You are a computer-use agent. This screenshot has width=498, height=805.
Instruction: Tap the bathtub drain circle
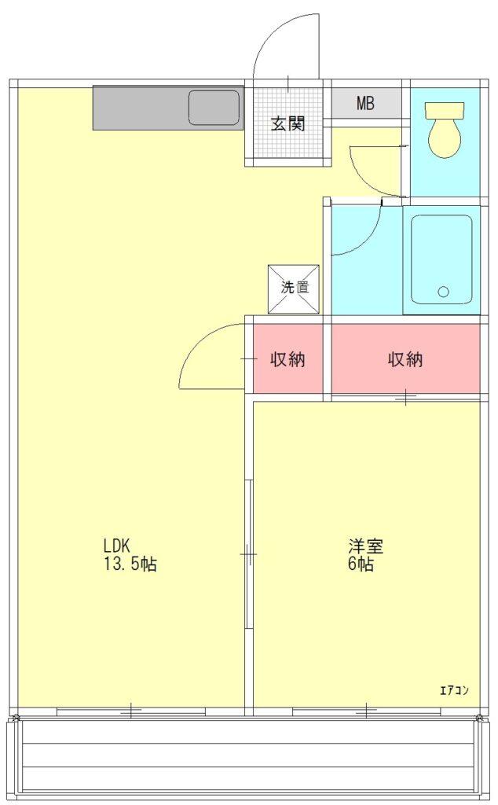pyautogui.click(x=444, y=292)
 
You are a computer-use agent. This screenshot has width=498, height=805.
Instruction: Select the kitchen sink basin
pyautogui.click(x=214, y=107)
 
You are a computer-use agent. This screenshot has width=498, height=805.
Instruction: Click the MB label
pyautogui.click(x=366, y=104)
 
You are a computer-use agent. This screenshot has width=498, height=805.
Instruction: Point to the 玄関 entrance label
pyautogui.click(x=287, y=123)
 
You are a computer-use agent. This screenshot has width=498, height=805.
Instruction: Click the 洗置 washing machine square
pyautogui.click(x=294, y=289)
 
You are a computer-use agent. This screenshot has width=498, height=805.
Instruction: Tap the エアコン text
pyautogui.click(x=455, y=690)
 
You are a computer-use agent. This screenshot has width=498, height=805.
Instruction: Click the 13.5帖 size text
pyautogui.click(x=130, y=564)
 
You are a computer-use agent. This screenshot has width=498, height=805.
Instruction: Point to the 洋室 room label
pyautogui.click(x=366, y=546)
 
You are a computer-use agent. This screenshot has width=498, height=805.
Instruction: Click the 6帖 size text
pyautogui.click(x=361, y=564)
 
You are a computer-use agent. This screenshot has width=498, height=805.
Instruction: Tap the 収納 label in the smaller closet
pyautogui.click(x=287, y=359)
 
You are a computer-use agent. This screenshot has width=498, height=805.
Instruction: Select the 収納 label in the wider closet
pyautogui.click(x=405, y=359)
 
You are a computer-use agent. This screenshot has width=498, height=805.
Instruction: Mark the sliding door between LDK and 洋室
pyautogui.click(x=249, y=554)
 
